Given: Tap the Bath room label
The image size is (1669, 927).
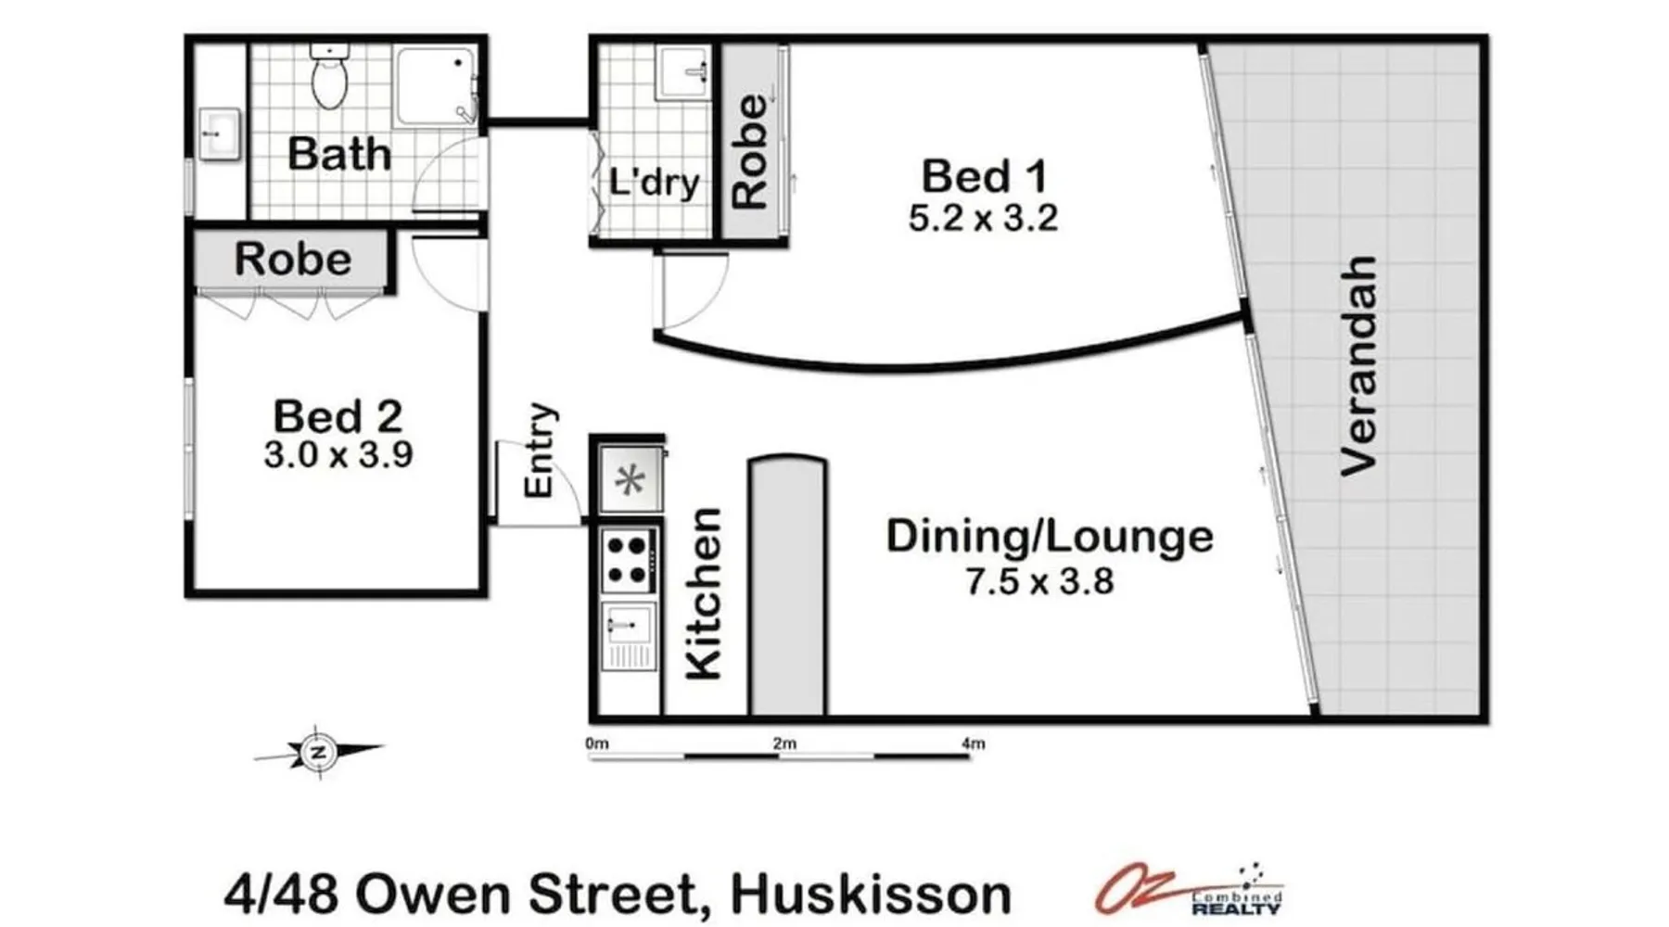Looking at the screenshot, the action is (339, 154).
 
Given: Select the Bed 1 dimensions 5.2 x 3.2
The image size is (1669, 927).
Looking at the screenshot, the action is (983, 219).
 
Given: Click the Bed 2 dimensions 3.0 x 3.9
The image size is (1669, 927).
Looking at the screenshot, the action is (338, 455).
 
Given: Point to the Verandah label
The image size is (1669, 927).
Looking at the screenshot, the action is (1359, 366).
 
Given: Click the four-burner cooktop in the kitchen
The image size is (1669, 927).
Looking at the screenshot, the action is (627, 561).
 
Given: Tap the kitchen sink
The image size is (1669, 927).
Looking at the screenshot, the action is (629, 636).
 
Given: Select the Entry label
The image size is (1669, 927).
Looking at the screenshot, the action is (540, 450).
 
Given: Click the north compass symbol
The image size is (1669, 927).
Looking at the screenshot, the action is (319, 752).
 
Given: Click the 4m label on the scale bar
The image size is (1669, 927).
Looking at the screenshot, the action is (973, 743).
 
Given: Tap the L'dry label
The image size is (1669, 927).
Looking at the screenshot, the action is (654, 183).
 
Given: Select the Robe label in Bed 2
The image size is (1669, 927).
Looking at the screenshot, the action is (293, 260).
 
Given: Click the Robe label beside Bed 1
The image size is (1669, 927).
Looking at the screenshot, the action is (750, 150).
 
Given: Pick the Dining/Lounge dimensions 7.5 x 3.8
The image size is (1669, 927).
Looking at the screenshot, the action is (1039, 582).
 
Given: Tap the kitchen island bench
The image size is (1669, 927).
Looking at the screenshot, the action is (787, 586).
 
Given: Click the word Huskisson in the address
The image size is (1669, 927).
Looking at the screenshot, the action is (871, 895).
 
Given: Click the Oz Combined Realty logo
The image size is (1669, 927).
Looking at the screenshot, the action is (1190, 888).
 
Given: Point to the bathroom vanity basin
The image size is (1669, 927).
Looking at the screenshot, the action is (220, 134).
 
